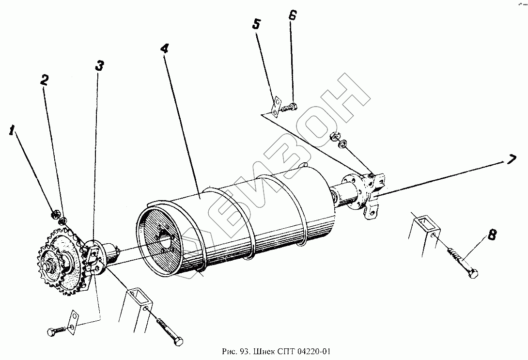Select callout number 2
click(x=45, y=80)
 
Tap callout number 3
click(x=99, y=66)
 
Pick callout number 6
click(x=292, y=15)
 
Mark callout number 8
click(x=492, y=235)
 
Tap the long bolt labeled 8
click(x=463, y=262)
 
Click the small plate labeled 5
click(x=276, y=106)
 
